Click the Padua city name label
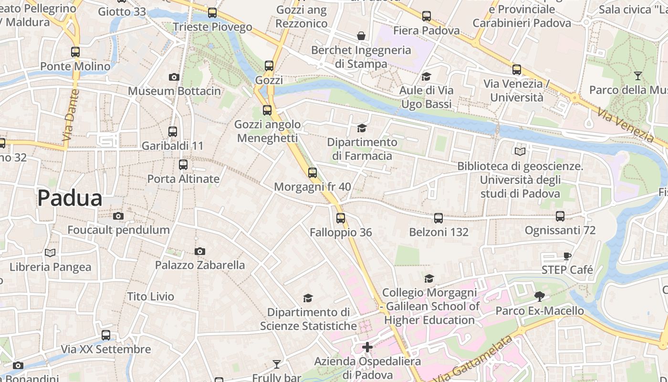[x=70, y=198]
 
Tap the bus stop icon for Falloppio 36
[x=340, y=218]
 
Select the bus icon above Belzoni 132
[x=438, y=218]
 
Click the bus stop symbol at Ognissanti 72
[x=560, y=216]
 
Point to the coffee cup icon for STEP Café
[x=567, y=256]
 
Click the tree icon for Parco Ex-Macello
[x=540, y=297]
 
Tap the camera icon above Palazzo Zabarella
[x=200, y=251]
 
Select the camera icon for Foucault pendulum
[x=118, y=216]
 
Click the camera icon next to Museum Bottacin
[x=174, y=77]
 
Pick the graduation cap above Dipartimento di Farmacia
[x=362, y=128]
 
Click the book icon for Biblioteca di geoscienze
[x=520, y=152]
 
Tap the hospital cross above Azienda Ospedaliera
[x=367, y=347]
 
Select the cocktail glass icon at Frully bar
[x=277, y=364]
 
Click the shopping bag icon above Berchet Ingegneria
[x=361, y=36]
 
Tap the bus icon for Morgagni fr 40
[x=313, y=172]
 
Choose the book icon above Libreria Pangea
[x=50, y=253]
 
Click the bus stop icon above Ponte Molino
[x=75, y=52]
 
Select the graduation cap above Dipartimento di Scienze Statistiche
[x=308, y=298]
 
